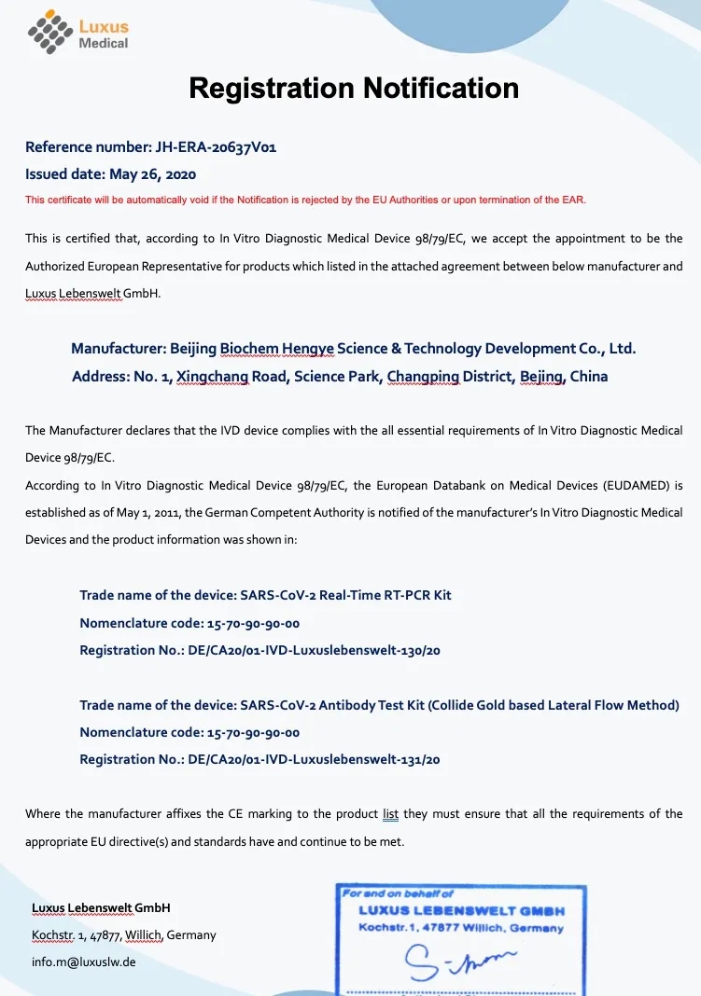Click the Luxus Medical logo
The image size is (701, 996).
pos(78,35)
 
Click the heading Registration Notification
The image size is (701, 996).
pos(354,88)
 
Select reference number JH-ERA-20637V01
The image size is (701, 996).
pos(214,146)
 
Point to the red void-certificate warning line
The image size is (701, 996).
pos(305,200)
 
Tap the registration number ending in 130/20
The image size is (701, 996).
pos(314,650)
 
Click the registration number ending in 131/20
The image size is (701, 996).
pos(314,759)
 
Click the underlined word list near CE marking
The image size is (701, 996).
pos(390,814)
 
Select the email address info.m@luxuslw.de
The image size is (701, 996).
pos(84,961)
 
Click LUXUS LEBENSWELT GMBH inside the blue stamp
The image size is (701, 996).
pos(461,910)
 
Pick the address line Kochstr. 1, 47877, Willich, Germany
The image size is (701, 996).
pos(123,934)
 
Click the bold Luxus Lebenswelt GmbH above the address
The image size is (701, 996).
pos(101,907)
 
